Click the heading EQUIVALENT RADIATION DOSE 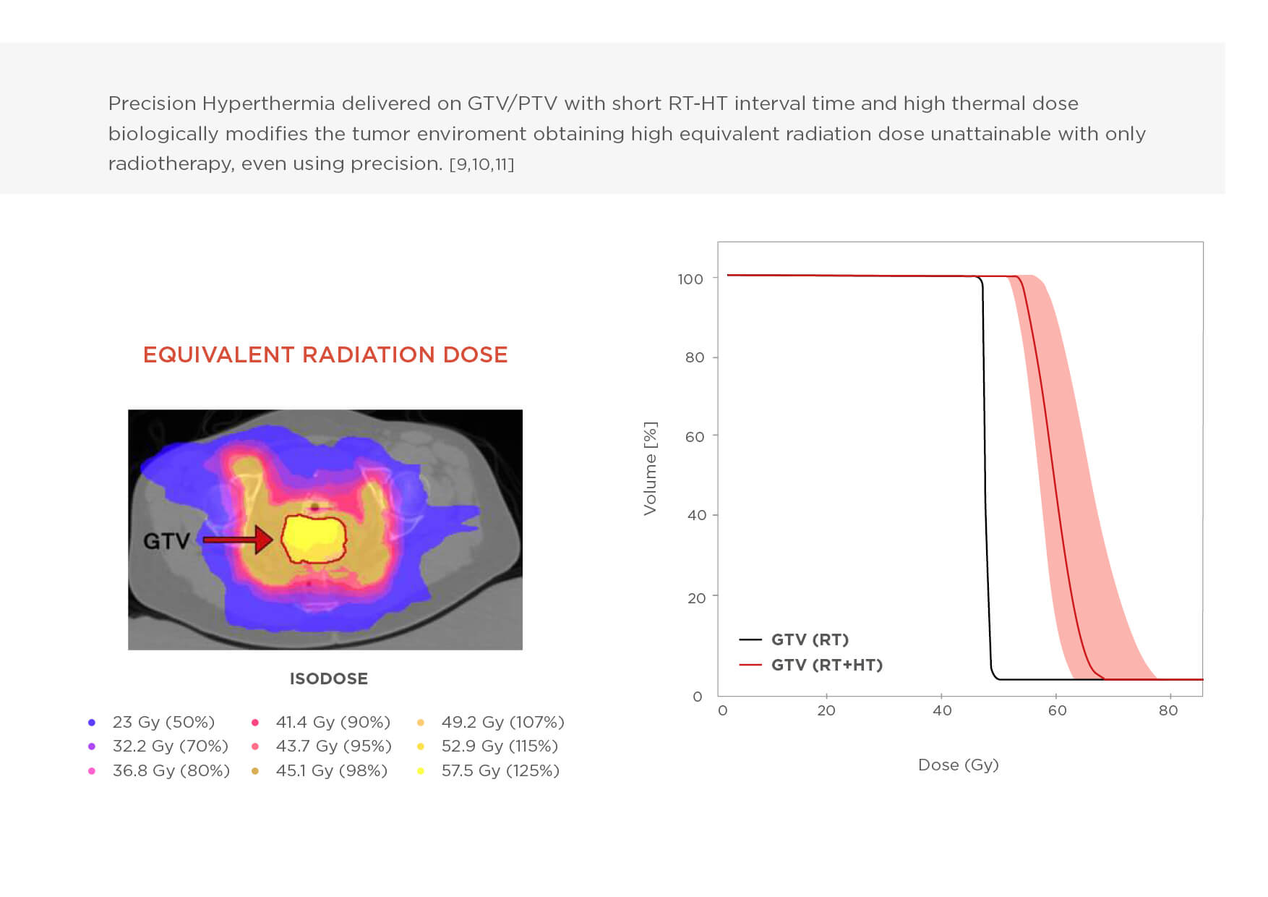click(x=325, y=354)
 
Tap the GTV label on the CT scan click(x=166, y=540)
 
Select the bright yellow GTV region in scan click(x=312, y=537)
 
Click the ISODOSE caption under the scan click(x=328, y=679)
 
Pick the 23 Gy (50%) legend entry click(x=163, y=722)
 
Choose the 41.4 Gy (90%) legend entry click(x=333, y=722)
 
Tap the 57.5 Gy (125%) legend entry click(x=500, y=770)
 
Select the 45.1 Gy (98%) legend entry click(x=331, y=770)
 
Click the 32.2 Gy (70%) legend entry click(x=170, y=746)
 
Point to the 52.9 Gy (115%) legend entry click(x=500, y=746)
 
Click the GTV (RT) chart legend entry click(x=810, y=639)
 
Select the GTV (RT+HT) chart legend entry click(x=826, y=665)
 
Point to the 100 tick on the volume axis click(x=690, y=279)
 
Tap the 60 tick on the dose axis click(x=1057, y=710)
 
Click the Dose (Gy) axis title click(x=958, y=765)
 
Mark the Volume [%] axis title click(x=651, y=468)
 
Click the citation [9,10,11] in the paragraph click(x=481, y=164)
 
